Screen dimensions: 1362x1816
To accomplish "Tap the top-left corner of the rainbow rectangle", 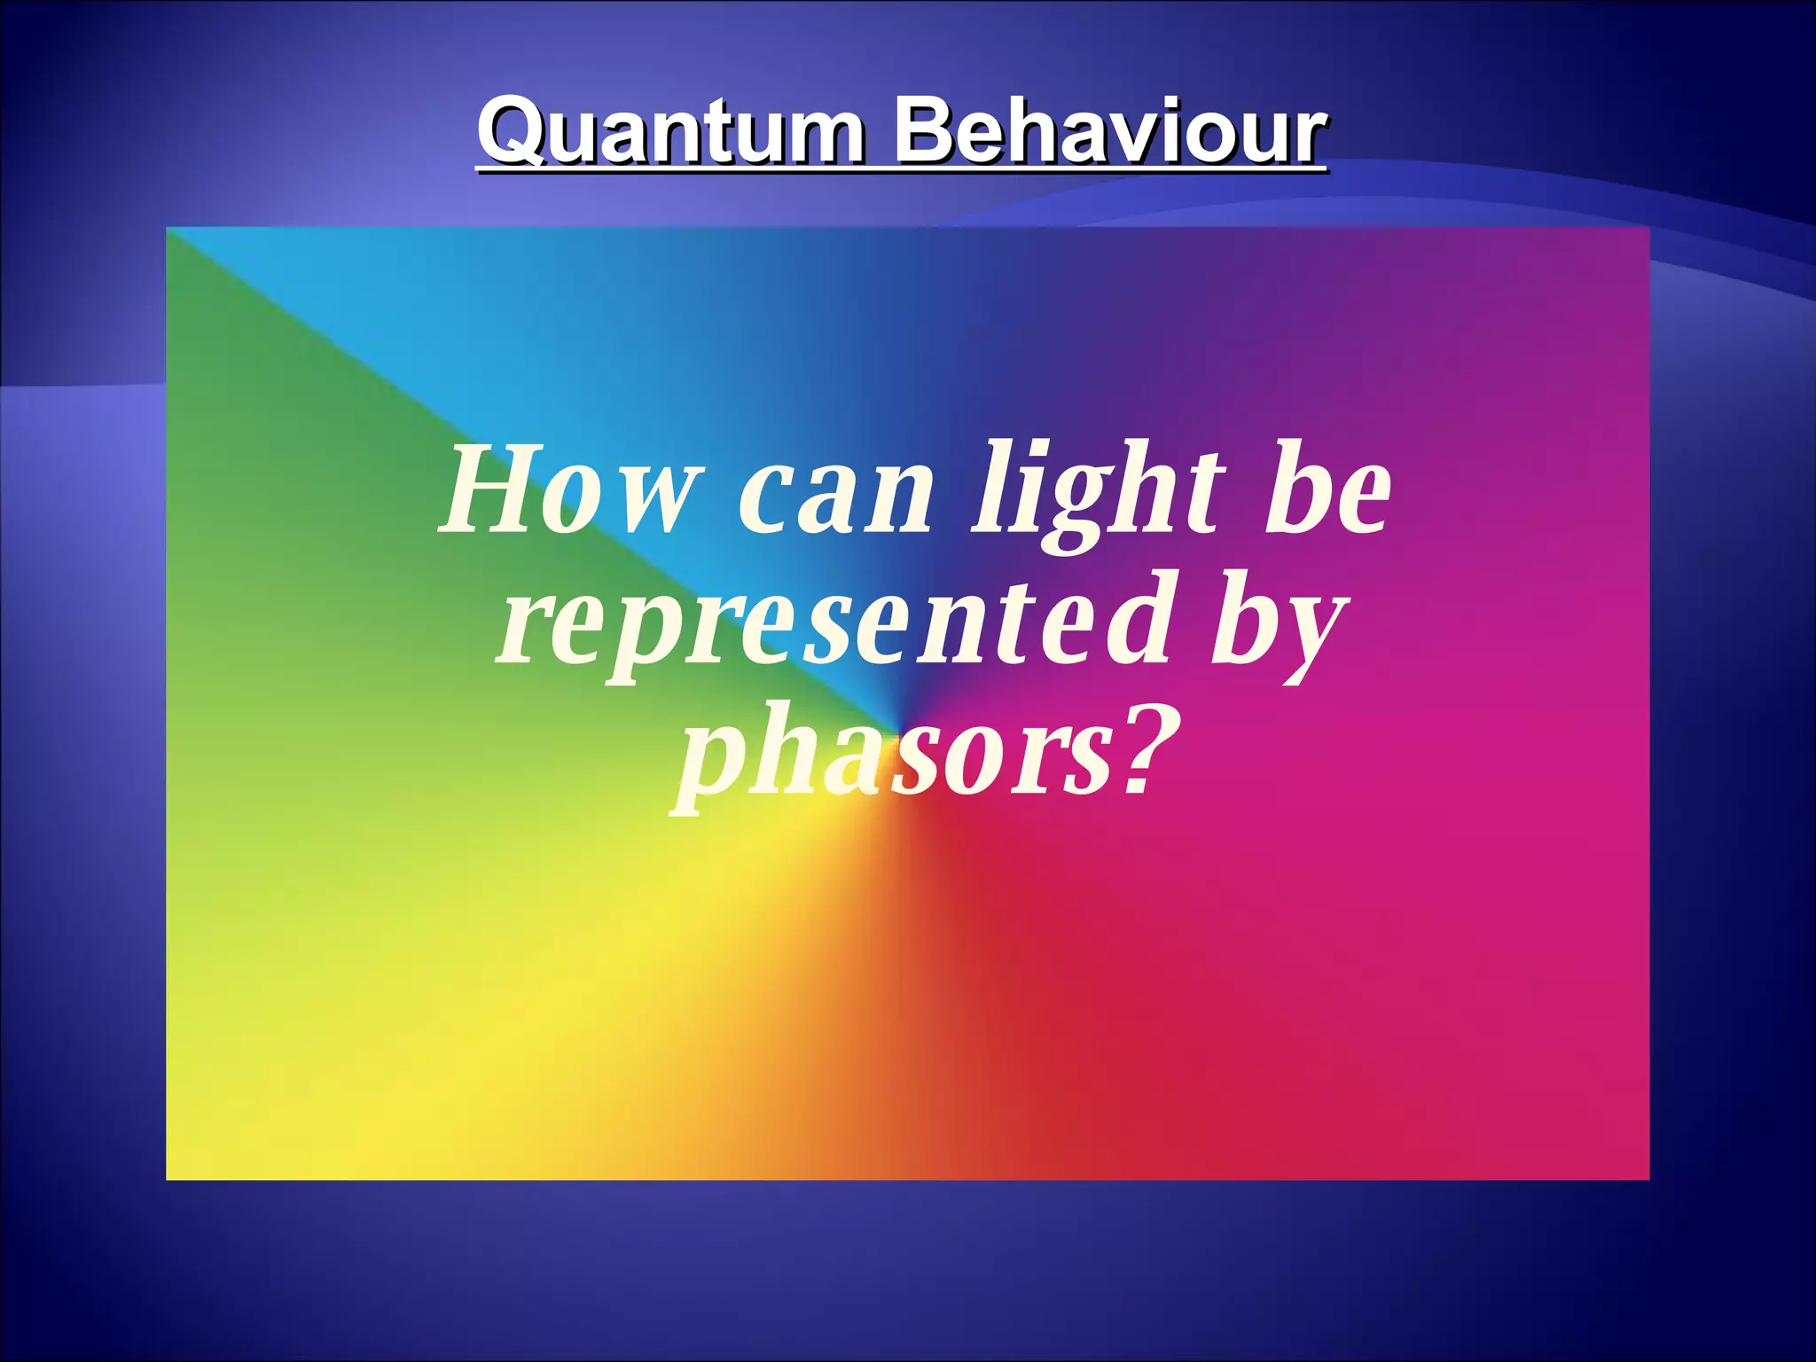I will point(168,229).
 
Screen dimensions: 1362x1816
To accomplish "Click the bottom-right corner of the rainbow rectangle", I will point(1648,1178).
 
